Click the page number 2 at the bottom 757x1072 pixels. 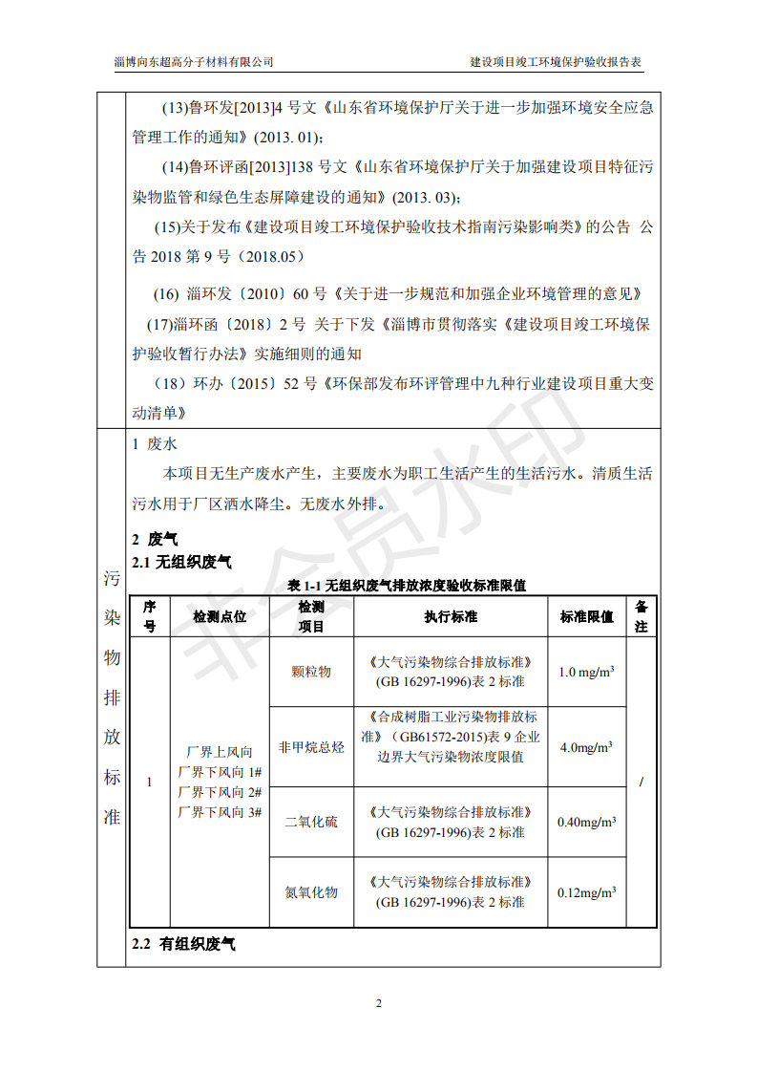(x=378, y=1003)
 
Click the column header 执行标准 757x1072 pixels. (x=451, y=617)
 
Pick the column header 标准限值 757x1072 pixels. (x=586, y=617)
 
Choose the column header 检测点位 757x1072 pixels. (x=220, y=617)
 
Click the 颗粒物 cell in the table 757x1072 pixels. (x=311, y=672)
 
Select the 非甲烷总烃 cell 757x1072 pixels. (x=311, y=747)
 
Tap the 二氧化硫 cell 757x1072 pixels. (x=311, y=822)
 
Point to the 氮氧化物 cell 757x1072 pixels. (x=311, y=892)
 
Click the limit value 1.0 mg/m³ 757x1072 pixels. (x=586, y=672)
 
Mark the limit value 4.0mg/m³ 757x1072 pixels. (x=586, y=747)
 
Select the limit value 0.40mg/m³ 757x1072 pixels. (x=586, y=822)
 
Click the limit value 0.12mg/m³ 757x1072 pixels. (x=586, y=892)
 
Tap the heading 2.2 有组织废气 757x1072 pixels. (x=183, y=944)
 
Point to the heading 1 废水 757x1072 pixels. (x=154, y=444)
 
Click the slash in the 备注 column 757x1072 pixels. (x=641, y=783)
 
